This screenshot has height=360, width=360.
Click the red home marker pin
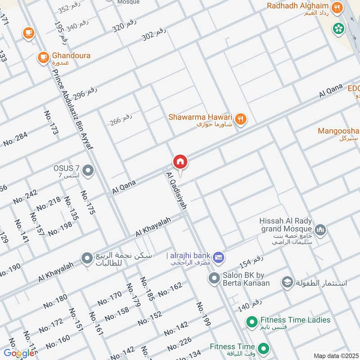click(180, 162)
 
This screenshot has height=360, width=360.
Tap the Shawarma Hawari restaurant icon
click(241, 119)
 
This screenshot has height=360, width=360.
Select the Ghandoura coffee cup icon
click(43, 57)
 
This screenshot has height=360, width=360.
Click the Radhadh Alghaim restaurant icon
click(336, 7)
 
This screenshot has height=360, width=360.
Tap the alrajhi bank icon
click(219, 256)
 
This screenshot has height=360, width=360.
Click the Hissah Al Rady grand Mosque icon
click(320, 230)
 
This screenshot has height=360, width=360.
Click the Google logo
click(19, 353)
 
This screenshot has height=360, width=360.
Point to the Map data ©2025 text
click(335, 356)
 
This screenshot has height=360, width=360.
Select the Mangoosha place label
click(337, 131)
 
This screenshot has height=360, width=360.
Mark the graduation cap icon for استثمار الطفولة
click(286, 283)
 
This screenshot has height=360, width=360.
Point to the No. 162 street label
click(170, 289)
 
